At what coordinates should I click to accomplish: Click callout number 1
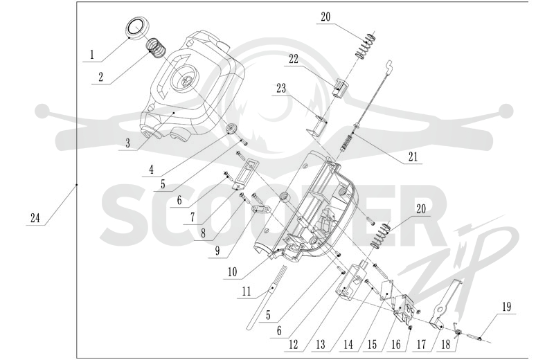92,55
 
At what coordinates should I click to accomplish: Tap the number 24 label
35,218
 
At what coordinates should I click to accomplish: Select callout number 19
507,306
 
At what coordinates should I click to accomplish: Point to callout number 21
413,156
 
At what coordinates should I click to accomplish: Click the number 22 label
294,59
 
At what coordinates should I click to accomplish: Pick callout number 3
127,143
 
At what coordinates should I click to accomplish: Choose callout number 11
247,291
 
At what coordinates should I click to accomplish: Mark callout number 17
422,345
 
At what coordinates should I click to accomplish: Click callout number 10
233,272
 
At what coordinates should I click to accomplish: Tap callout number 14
348,345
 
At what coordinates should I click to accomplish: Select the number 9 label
217,251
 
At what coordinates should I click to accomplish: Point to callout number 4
151,170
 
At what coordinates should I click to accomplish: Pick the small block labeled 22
339,89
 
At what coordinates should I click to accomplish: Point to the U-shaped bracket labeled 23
316,126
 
